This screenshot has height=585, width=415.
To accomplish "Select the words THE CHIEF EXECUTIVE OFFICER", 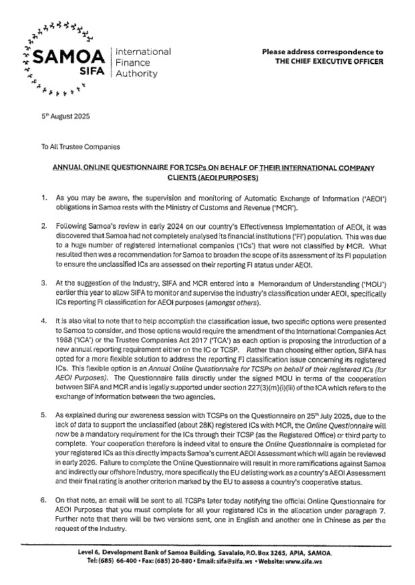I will [x=329, y=62].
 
